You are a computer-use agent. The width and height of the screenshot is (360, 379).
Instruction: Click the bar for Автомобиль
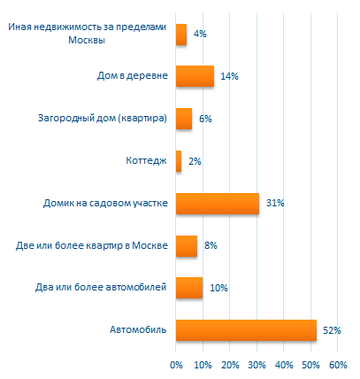tap(246, 330)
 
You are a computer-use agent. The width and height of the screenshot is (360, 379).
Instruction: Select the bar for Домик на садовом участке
tap(218, 204)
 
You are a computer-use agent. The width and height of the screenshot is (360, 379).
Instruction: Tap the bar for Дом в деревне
tap(195, 76)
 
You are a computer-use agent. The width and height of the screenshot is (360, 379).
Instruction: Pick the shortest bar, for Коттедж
tap(179, 161)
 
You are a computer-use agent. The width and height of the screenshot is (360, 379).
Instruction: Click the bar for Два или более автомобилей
tap(189, 288)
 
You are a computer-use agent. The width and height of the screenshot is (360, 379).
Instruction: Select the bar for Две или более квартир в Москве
tap(187, 246)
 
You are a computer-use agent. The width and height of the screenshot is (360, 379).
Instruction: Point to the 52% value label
tap(332, 330)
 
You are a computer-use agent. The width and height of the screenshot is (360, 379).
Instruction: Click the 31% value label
tap(275, 203)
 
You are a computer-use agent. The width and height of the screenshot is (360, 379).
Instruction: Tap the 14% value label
tap(230, 76)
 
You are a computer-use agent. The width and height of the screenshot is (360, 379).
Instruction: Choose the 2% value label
tap(195, 161)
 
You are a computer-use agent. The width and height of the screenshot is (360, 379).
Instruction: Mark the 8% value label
tap(211, 245)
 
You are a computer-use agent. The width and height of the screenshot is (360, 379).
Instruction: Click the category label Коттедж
tap(146, 160)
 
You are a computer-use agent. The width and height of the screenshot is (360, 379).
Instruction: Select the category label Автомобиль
tap(138, 329)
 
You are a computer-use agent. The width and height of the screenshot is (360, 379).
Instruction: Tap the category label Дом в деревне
tap(133, 76)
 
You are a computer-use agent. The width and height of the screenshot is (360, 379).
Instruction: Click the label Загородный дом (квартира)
tap(103, 119)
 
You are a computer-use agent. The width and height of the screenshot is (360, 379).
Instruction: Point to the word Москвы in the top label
tap(87, 40)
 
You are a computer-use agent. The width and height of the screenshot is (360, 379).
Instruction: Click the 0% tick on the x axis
tap(176, 365)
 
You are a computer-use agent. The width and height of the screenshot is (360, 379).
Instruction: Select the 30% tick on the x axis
tap(257, 365)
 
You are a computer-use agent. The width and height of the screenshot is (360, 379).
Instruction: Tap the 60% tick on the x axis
tap(338, 365)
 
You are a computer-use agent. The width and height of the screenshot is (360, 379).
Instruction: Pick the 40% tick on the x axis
tap(284, 365)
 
